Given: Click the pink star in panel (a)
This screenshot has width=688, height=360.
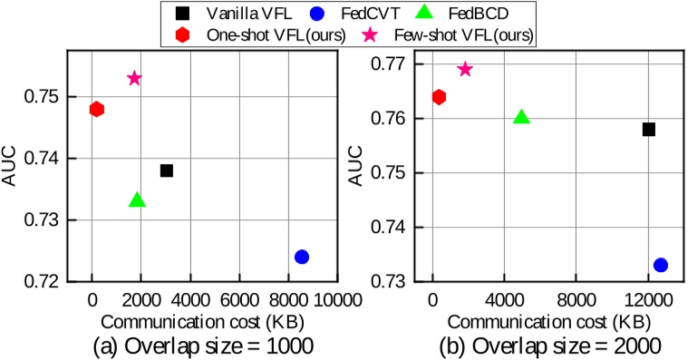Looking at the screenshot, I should tap(134, 79).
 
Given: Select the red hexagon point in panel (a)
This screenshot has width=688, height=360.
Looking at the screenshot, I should tap(97, 109).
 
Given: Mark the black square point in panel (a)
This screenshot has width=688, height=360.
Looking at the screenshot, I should tap(167, 170).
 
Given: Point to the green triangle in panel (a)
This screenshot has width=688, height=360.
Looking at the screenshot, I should tap(137, 200).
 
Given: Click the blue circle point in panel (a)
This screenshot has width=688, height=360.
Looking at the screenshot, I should tap(302, 257).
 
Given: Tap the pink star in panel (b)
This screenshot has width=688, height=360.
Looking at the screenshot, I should tap(465, 70).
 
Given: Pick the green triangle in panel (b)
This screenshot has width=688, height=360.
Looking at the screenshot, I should tap(521, 118).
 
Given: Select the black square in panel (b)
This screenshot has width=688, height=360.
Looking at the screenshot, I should tap(649, 130).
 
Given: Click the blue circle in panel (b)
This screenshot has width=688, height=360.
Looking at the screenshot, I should tap(661, 265).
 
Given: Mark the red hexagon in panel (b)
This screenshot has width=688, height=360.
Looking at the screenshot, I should tap(439, 97).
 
